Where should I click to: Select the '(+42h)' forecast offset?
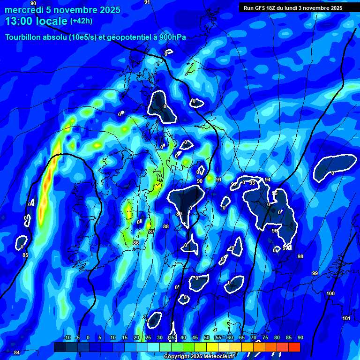(x=81, y=21)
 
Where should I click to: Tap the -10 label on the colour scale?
(x=67, y=338)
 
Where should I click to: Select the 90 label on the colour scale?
(x=300, y=338)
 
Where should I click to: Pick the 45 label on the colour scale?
(x=195, y=338)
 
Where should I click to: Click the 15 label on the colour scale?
(x=124, y=338)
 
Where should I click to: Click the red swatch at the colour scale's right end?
(x=294, y=347)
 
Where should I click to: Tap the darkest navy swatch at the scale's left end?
(x=60, y=347)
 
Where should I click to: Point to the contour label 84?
(x=17, y=352)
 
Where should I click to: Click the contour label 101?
(x=346, y=318)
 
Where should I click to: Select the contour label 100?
(x=330, y=293)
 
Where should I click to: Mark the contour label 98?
(x=300, y=256)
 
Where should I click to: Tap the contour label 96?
(x=275, y=231)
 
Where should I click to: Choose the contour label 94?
(x=268, y=180)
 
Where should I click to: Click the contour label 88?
(x=165, y=227)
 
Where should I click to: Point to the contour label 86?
(x=135, y=243)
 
